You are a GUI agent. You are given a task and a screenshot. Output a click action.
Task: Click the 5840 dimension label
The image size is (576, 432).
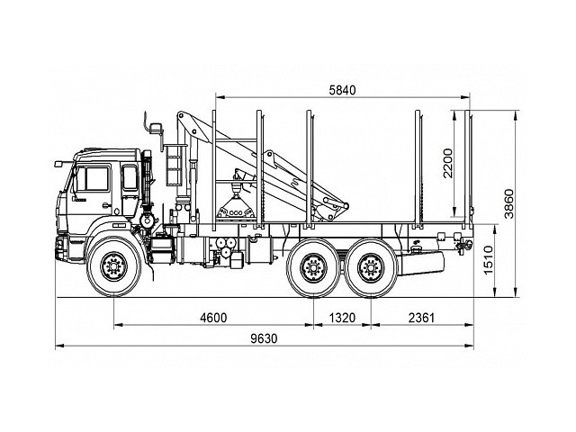[x=342, y=90]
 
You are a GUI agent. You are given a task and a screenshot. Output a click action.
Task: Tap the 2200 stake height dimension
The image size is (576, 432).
[x=448, y=163]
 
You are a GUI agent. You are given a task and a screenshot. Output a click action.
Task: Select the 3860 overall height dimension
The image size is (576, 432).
[x=508, y=204]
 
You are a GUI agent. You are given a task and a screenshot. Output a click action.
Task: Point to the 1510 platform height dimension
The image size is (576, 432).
[x=488, y=260]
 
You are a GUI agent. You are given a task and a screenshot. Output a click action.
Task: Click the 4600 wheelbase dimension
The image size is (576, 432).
[x=213, y=318]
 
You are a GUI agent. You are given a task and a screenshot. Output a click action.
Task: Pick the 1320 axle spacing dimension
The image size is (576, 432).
[x=342, y=318]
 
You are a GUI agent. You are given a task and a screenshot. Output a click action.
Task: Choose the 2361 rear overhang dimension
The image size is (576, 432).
[x=421, y=318]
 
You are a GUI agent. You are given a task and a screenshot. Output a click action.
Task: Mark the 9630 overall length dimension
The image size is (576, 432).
[x=264, y=338]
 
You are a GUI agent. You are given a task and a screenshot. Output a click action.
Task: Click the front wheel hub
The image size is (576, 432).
[x=114, y=266]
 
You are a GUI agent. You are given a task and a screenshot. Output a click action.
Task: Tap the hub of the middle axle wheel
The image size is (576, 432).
[x=313, y=268]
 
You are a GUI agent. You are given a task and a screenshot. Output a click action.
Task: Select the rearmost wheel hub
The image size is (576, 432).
[x=371, y=268]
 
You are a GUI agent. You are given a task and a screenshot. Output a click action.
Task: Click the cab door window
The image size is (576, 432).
[x=93, y=178]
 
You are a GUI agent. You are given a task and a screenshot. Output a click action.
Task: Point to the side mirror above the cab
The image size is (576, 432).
[x=156, y=129]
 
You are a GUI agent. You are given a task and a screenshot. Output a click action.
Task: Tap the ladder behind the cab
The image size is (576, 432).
[x=174, y=166]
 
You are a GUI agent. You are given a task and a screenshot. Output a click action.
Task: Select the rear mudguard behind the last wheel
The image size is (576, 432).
[x=422, y=262]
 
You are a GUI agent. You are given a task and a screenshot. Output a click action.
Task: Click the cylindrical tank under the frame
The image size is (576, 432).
[x=259, y=250]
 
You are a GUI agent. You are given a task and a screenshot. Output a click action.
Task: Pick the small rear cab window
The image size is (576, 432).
[x=130, y=178]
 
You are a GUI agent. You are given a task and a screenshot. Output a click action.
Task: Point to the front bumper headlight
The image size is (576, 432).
[x=59, y=246]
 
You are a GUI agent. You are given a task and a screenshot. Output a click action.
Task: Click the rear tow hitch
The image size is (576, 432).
[x=463, y=244]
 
